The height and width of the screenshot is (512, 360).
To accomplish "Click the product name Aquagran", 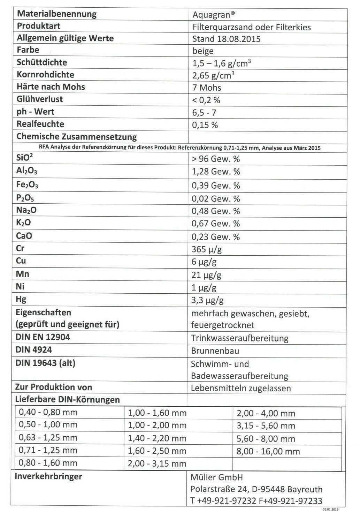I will [x=214, y=14].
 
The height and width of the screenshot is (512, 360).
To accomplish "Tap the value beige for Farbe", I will [x=203, y=51].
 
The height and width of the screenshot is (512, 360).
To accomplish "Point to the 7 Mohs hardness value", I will [x=207, y=87].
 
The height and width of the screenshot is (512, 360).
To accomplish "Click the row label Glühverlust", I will [x=40, y=99].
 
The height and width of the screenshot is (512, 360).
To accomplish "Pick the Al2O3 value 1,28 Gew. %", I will [x=216, y=172].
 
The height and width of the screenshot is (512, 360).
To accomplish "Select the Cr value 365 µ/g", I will [x=207, y=249].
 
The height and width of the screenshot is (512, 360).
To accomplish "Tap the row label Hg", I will [x=21, y=299].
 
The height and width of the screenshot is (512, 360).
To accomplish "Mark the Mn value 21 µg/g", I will [x=207, y=275].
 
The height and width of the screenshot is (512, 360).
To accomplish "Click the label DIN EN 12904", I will [x=43, y=337].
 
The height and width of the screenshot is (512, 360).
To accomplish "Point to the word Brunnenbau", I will [x=215, y=351].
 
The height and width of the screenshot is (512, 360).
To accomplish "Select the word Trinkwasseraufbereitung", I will [x=240, y=338].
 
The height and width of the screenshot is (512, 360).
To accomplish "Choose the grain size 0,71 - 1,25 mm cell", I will [x=48, y=450].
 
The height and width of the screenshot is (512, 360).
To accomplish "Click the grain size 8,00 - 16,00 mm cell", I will [x=268, y=451].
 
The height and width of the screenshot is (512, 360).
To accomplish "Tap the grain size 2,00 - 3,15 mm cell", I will [x=157, y=463].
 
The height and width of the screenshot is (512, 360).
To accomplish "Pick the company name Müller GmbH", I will [x=216, y=477].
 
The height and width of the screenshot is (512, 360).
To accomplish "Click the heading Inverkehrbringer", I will [x=48, y=476].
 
